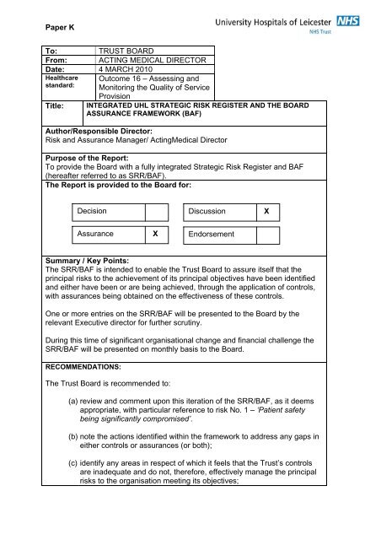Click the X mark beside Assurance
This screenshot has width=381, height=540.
[153, 234]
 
